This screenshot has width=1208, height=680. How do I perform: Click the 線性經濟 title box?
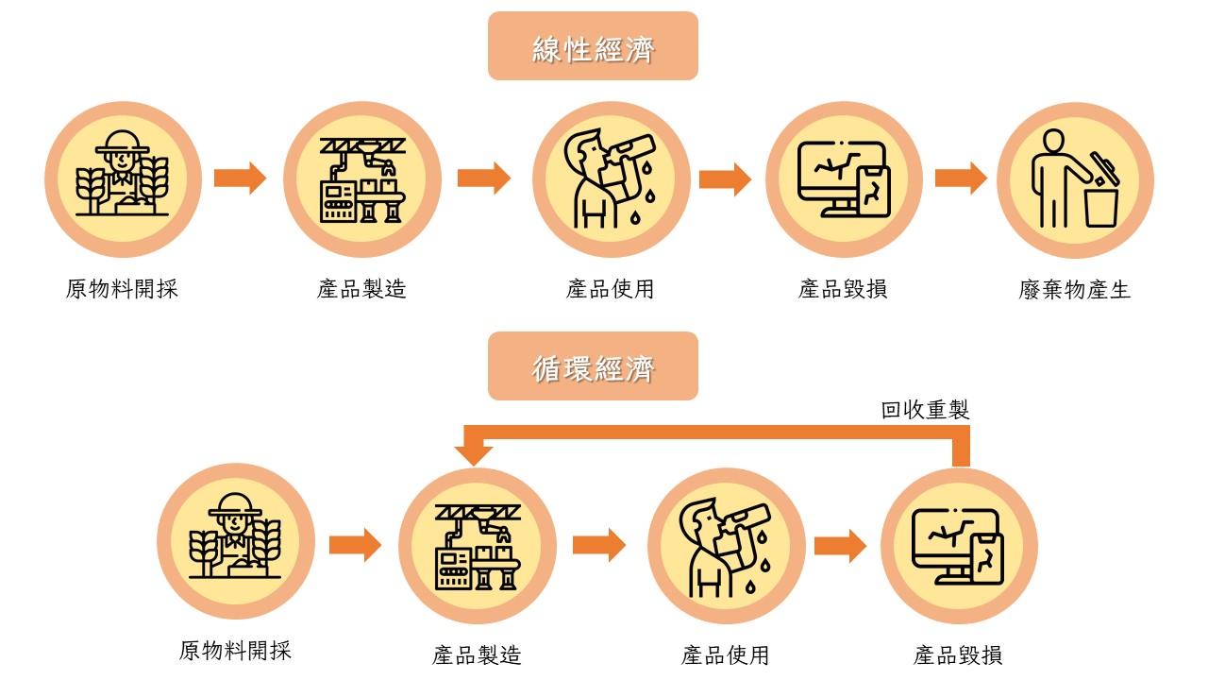[x=593, y=46]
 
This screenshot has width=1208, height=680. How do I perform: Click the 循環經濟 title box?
[x=593, y=365]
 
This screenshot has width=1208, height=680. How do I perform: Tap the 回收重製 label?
[x=925, y=410]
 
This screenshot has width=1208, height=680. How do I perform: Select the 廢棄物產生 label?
[x=1074, y=290]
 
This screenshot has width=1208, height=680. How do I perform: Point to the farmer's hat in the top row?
[x=123, y=142]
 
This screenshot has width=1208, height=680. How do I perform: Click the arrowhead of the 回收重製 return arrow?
[x=473, y=455]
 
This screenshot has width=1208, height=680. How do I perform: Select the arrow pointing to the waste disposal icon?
[x=961, y=178]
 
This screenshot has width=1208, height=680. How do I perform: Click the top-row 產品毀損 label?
[x=843, y=289]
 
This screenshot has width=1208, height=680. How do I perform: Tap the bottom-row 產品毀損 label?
[x=958, y=655]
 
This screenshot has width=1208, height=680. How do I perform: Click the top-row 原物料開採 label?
[x=122, y=289]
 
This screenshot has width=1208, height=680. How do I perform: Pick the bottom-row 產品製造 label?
[x=477, y=655]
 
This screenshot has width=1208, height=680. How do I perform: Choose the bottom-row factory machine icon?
[x=478, y=547]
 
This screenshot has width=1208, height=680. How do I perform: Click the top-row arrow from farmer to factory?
[x=240, y=178]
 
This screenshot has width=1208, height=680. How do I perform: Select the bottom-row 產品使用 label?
[x=725, y=655]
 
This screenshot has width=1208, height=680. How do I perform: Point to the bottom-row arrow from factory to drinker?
[x=598, y=545]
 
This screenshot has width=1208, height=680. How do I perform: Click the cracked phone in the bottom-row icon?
[x=987, y=560]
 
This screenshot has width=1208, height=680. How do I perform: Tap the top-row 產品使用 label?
[x=610, y=289]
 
